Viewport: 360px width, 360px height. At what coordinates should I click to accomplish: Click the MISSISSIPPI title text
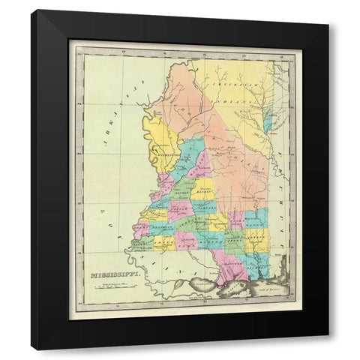[x=109, y=274]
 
